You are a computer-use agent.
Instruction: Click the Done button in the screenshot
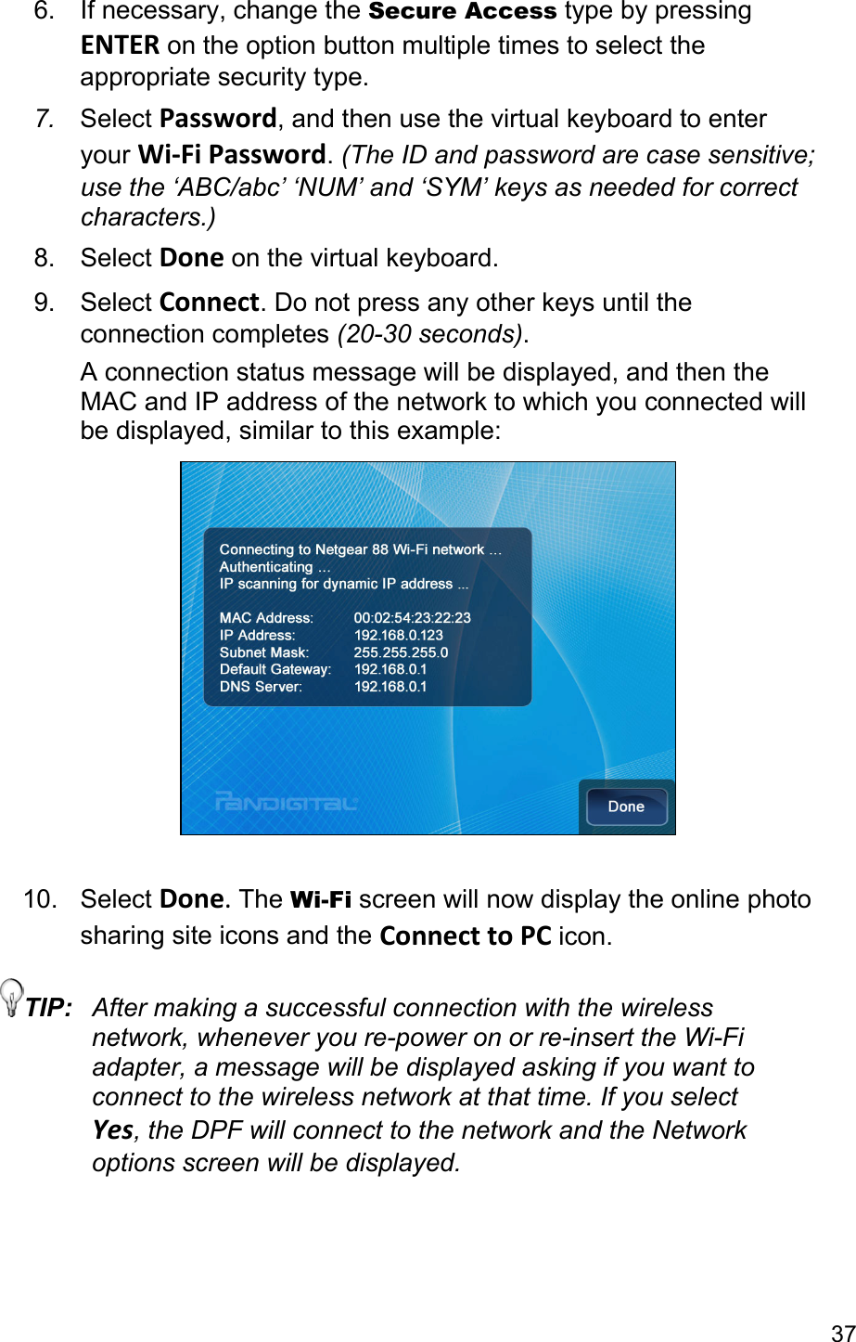point(626,806)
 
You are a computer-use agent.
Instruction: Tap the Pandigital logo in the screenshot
point(286,801)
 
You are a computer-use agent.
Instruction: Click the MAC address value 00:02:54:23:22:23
point(412,618)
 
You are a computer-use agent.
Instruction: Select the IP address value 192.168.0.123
point(398,636)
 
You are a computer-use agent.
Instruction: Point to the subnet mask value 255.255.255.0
point(401,652)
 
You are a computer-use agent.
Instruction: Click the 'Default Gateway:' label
point(275,670)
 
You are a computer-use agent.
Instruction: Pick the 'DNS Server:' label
point(261,688)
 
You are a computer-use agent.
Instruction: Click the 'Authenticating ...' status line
point(275,567)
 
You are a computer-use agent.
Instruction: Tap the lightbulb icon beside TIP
point(13,997)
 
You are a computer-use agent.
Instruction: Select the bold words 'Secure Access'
point(463,12)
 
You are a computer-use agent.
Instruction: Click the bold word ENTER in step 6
point(120,45)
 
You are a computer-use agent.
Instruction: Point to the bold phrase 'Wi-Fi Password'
point(232,153)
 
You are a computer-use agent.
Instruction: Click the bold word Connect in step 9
point(210,303)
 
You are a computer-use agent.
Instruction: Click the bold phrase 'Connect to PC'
point(466,936)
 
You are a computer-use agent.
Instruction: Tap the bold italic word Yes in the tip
point(112,1130)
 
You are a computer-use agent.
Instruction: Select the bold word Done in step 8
point(191,258)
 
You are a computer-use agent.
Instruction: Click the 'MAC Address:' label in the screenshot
point(266,618)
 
